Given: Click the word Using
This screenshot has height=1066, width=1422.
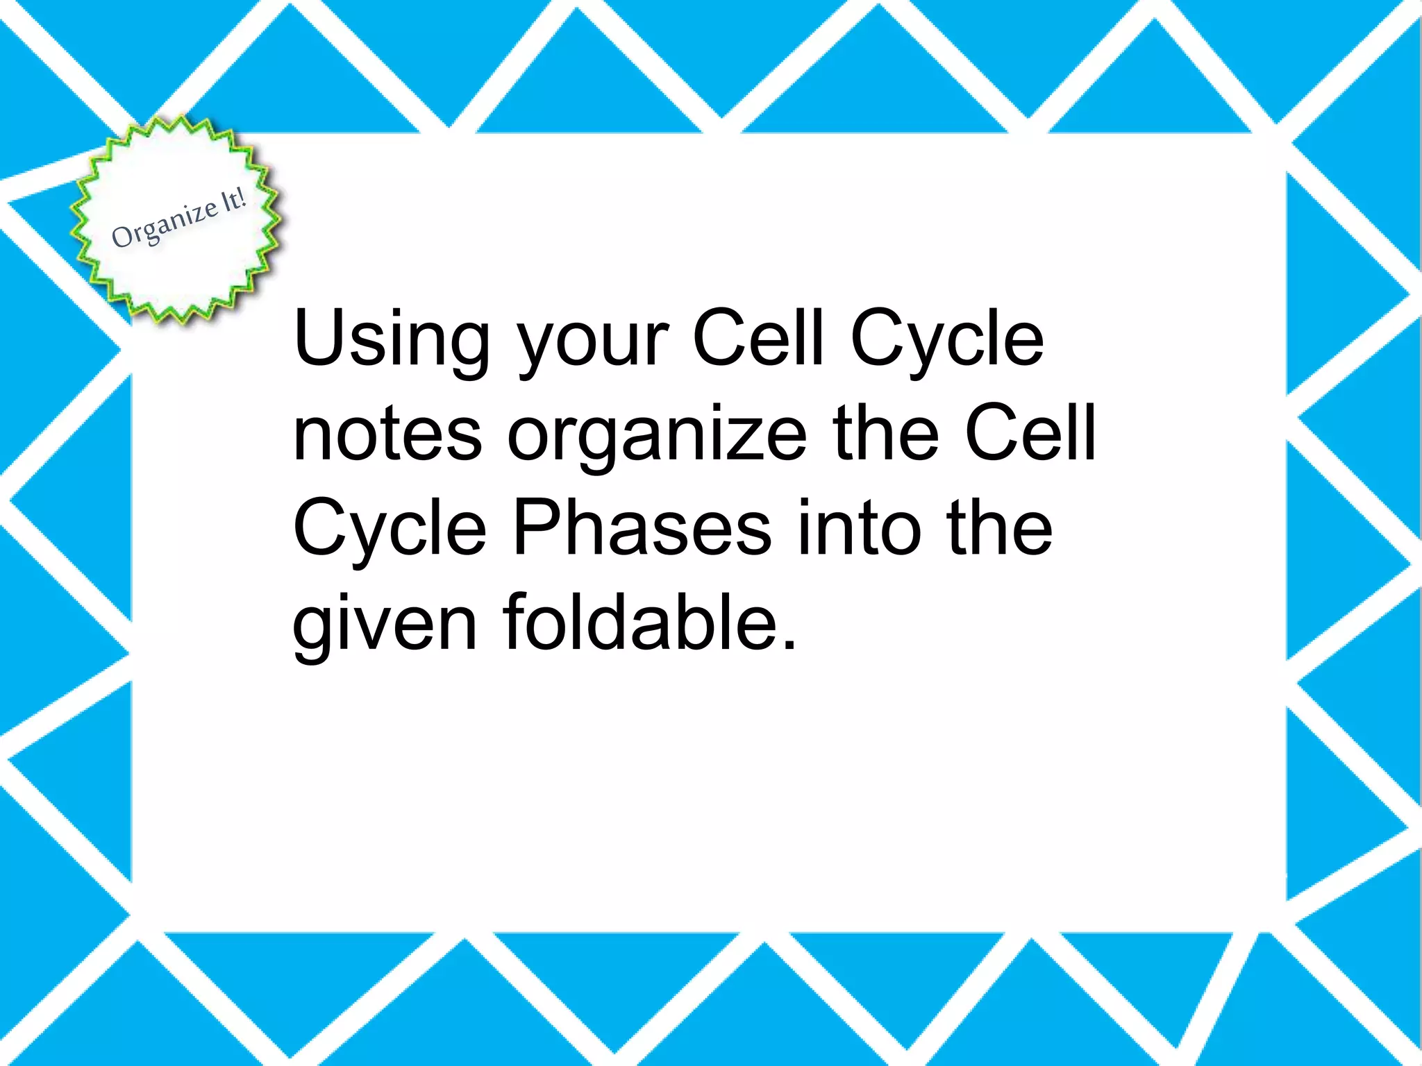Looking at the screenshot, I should [x=391, y=338].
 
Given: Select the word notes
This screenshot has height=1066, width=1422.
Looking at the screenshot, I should [x=387, y=434].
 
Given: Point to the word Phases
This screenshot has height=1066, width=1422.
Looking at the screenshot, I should [x=642, y=529].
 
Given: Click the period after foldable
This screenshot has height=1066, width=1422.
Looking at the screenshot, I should [x=788, y=647].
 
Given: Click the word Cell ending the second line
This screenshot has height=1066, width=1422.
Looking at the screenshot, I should [x=1030, y=433].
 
